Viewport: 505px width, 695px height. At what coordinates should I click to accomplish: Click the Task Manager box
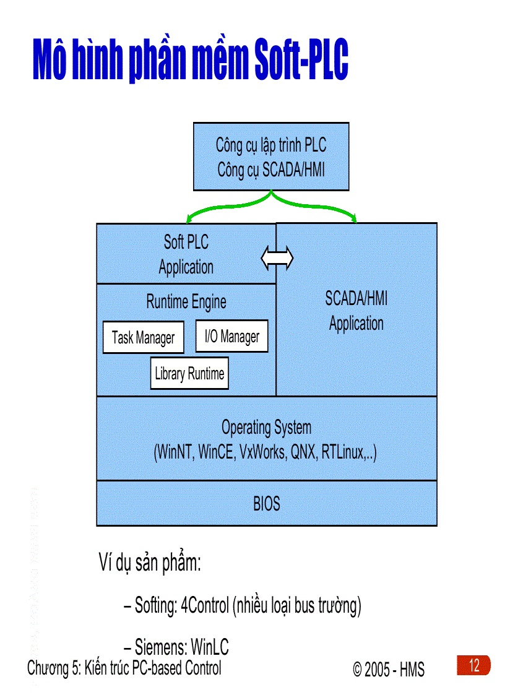pyautogui.click(x=143, y=337)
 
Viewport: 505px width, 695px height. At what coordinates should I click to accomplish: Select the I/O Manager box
pyautogui.click(x=231, y=336)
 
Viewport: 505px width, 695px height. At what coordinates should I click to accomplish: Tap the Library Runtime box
pyautogui.click(x=189, y=373)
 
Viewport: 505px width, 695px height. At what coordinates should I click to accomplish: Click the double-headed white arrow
pyautogui.click(x=277, y=258)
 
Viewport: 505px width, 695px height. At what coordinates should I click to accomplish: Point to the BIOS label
pyautogui.click(x=267, y=504)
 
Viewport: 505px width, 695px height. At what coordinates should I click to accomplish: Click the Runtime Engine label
pyautogui.click(x=186, y=302)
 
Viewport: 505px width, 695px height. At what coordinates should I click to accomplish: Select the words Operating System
pyautogui.click(x=267, y=427)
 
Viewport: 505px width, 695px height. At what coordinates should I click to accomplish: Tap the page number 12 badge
pyautogui.click(x=474, y=666)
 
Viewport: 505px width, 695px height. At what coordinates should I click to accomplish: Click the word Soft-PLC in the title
pyautogui.click(x=301, y=61)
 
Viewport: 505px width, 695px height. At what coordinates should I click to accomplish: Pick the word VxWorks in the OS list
pyautogui.click(x=262, y=452)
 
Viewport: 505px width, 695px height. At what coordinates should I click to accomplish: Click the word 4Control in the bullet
pyautogui.click(x=204, y=606)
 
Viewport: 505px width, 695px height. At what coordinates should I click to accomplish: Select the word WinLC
pyautogui.click(x=210, y=647)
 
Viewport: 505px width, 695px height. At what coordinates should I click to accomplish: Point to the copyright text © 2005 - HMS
pyautogui.click(x=389, y=669)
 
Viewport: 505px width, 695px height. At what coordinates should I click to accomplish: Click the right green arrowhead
pyautogui.click(x=354, y=217)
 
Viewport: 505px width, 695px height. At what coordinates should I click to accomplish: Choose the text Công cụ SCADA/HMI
pyautogui.click(x=271, y=170)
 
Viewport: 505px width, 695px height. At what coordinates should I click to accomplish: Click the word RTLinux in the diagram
pyautogui.click(x=343, y=452)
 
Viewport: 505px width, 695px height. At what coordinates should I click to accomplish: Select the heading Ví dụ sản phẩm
pyautogui.click(x=150, y=564)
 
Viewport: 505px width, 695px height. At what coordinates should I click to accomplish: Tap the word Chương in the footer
pyautogui.click(x=45, y=668)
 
